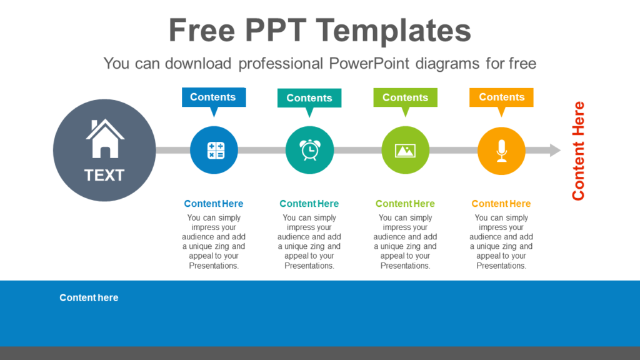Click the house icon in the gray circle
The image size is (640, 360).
105,139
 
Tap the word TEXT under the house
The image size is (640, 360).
104,176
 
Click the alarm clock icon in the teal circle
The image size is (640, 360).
309,150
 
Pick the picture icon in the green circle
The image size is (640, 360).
405,150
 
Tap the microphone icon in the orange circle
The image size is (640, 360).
501,150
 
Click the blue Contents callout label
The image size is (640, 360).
213,97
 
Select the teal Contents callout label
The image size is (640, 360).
309,97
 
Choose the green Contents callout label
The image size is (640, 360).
405,97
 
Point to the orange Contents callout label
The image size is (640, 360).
501,97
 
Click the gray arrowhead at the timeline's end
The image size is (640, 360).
554,150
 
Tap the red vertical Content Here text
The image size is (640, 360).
578,151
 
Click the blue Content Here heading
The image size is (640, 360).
214,204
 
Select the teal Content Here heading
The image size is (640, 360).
309,204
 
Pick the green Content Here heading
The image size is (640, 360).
405,204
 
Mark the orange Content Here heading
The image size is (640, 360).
501,204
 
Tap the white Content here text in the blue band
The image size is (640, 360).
89,297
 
